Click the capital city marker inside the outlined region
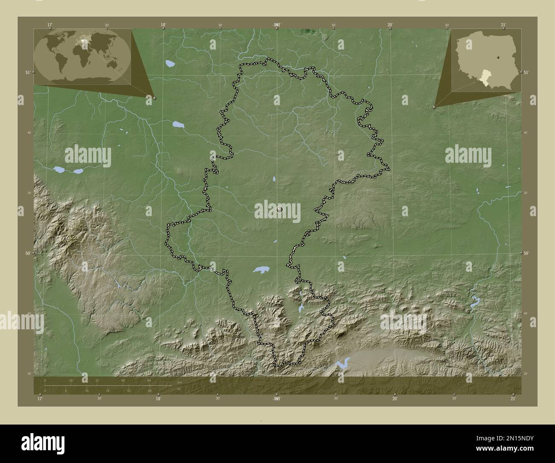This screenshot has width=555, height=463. click(280, 209)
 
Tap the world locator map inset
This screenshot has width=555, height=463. click(82, 56)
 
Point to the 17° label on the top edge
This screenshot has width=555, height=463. click(50, 25)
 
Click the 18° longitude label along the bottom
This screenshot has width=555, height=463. click(158, 399)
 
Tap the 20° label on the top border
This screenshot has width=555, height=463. click(390, 25)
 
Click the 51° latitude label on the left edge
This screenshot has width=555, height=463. click(27, 73)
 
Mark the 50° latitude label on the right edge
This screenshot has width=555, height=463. click(527, 253)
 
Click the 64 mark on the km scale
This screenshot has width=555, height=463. click(149, 380)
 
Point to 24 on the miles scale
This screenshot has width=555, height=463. click(107, 390)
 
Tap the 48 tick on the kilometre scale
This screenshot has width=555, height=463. click(123, 380)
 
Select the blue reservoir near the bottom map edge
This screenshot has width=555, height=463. click(342, 363)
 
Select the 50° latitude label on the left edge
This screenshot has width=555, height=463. click(27, 253)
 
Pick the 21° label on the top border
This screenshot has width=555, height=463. click(504, 25)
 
